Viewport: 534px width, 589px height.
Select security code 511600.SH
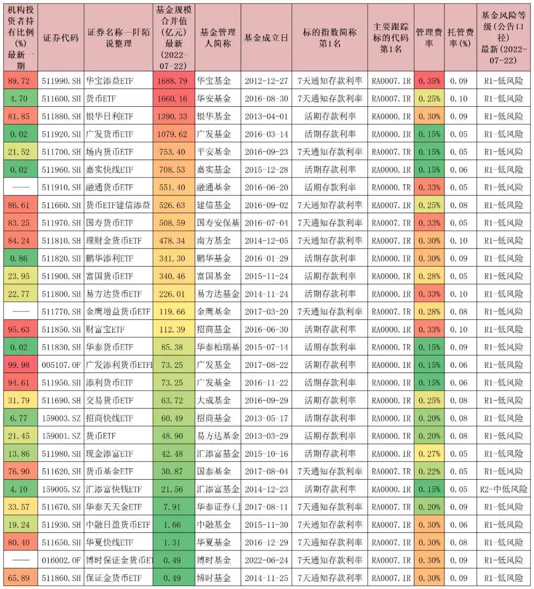pyautogui.click(x=61, y=98)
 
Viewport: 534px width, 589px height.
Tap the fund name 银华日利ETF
pyautogui.click(x=110, y=116)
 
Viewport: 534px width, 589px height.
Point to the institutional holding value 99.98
pyautogui.click(x=19, y=365)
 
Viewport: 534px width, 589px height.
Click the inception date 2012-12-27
pyautogui.click(x=266, y=81)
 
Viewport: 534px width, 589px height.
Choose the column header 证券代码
pyautogui.click(x=61, y=38)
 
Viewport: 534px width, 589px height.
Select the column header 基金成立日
pyautogui.click(x=266, y=38)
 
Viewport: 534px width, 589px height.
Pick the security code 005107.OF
pyautogui.click(x=61, y=365)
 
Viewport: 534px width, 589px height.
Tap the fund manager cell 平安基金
pyautogui.click(x=214, y=152)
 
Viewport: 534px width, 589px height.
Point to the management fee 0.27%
pyautogui.click(x=429, y=453)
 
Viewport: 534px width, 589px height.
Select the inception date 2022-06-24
pyautogui.click(x=266, y=560)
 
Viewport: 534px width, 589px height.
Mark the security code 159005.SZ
pyautogui.click(x=61, y=489)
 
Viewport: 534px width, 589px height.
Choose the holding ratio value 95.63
pyautogui.click(x=19, y=329)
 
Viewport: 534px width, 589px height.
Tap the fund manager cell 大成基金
pyautogui.click(x=214, y=401)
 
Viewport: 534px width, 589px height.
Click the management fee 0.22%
pyautogui.click(x=429, y=471)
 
